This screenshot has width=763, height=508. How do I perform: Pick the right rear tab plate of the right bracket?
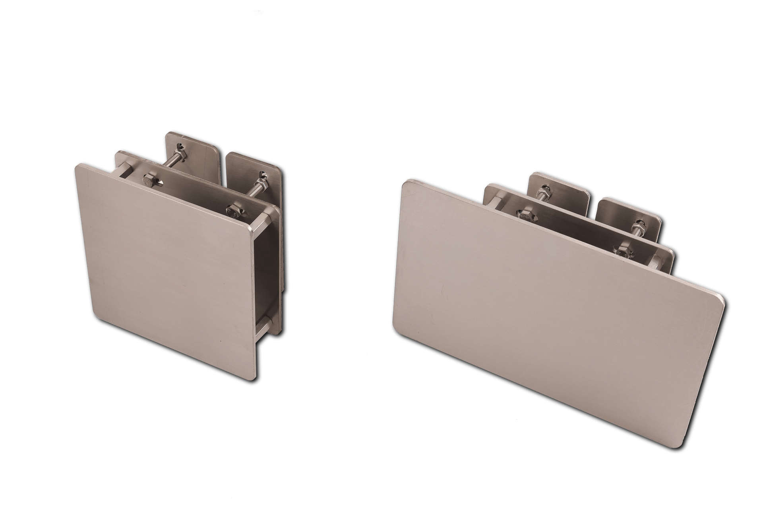(628, 216)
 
